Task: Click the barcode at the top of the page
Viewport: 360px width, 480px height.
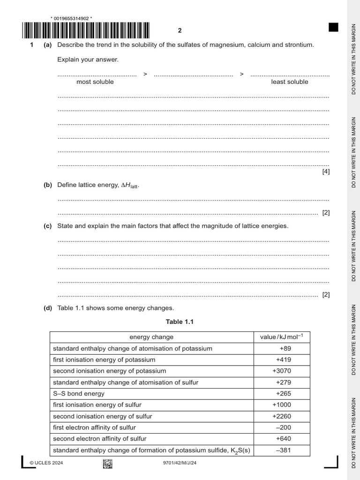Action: (86, 30)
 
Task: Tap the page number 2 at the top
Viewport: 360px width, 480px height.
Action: (180, 30)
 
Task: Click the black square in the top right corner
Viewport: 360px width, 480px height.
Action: (333, 27)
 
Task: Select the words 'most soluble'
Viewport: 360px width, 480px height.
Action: (95, 82)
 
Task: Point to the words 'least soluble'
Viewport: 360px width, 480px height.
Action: (290, 82)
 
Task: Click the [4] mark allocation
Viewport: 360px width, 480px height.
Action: (326, 172)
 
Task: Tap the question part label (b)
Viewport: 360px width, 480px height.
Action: (48, 185)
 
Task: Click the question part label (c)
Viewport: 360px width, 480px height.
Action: (48, 226)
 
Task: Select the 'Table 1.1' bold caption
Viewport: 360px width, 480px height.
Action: (180, 322)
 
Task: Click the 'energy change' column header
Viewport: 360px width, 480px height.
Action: (151, 337)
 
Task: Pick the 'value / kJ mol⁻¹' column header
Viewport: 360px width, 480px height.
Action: (282, 337)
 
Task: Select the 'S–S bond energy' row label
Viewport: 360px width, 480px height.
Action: (79, 393)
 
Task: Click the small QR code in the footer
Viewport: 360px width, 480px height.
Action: (107, 464)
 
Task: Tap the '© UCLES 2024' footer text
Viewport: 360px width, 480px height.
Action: (46, 463)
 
